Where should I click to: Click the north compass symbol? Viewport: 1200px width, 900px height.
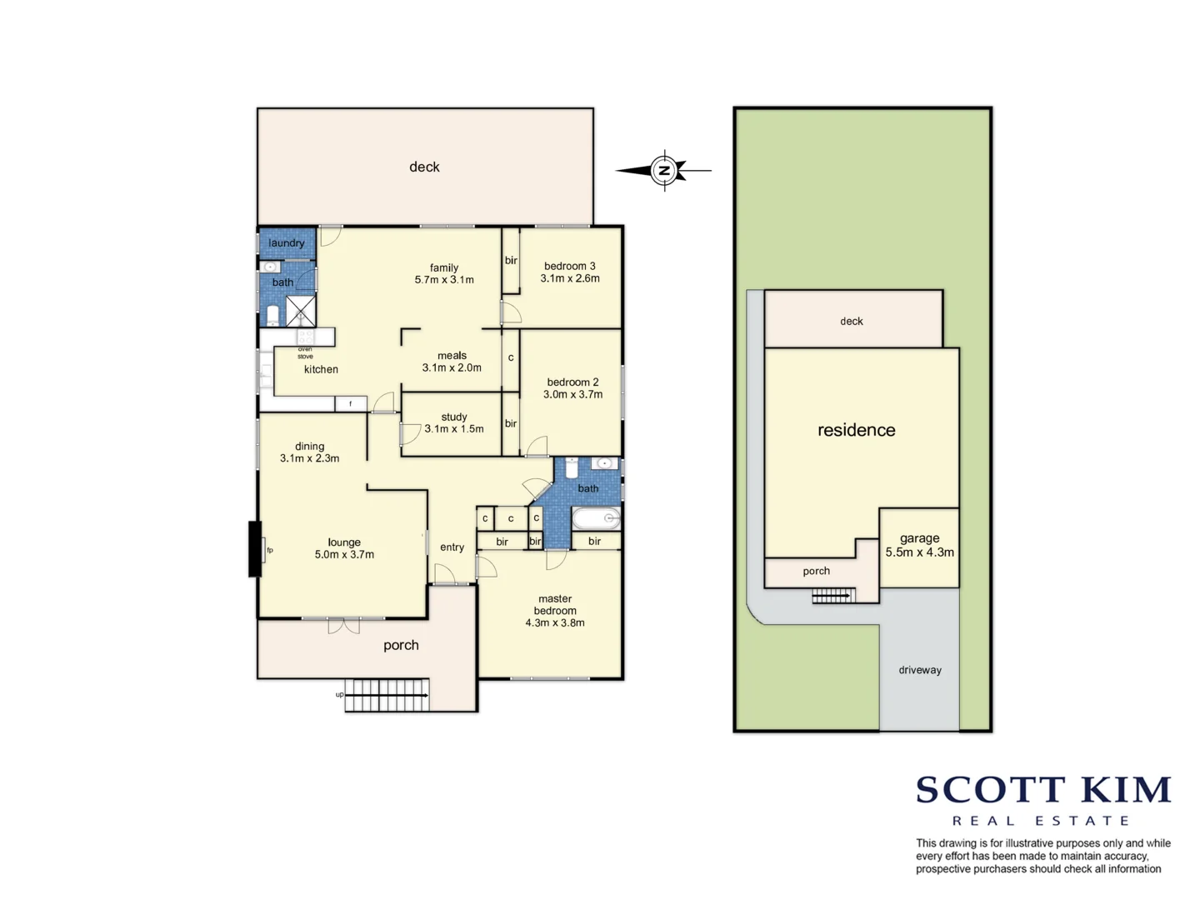pos(664,171)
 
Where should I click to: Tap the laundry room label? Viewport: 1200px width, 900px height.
pos(286,242)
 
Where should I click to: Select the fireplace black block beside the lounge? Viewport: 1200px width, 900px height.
pos(255,548)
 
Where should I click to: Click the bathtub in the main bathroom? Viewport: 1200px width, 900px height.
pos(596,518)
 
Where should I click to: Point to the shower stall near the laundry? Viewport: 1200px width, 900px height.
pos(301,311)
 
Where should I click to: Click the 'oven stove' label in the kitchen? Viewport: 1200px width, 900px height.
pos(305,352)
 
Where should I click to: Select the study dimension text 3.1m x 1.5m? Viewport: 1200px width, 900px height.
pos(454,429)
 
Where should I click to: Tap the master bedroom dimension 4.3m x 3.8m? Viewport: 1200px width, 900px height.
pos(555,622)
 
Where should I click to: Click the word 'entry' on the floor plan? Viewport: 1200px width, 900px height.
pos(452,547)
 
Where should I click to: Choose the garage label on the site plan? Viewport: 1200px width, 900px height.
pos(919,538)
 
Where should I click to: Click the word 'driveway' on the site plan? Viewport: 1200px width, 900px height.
pos(919,670)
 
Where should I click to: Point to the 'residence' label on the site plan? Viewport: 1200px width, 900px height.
pos(856,430)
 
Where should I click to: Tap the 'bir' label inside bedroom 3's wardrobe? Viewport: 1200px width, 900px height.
pos(511,261)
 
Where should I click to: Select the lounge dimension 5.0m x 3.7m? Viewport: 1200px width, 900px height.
pos(344,555)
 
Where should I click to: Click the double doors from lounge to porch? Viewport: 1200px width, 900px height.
pos(343,625)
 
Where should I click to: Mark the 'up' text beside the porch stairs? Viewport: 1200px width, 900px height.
pos(339,694)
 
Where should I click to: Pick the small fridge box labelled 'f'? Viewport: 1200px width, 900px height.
pos(351,404)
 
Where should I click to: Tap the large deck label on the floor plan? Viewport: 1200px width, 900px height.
pos(424,167)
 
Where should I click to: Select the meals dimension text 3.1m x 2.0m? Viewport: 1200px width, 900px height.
pos(452,367)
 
